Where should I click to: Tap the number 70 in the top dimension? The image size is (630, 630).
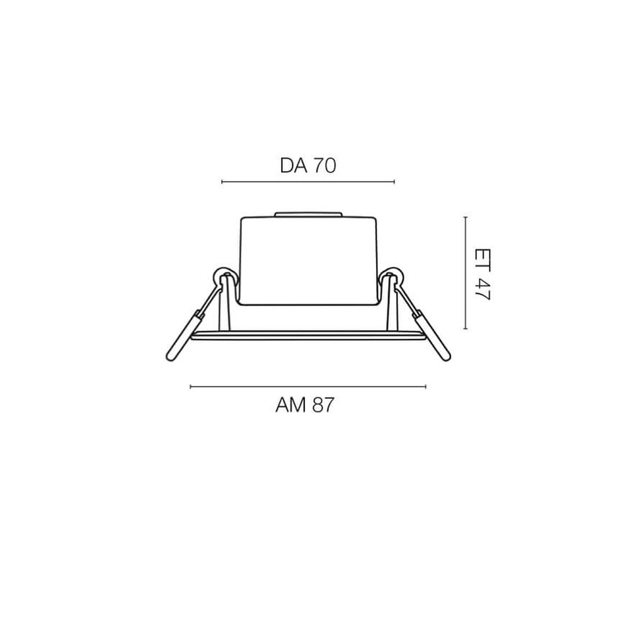[323, 166]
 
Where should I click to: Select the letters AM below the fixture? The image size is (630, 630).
[290, 405]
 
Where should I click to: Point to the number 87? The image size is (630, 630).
[320, 405]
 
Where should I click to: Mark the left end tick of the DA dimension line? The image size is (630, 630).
[222, 182]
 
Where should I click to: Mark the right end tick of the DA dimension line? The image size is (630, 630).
[394, 182]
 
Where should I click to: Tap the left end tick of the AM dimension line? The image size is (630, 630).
[190, 386]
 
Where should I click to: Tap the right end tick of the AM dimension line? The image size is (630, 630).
[426, 386]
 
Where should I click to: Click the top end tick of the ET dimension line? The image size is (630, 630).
[465, 217]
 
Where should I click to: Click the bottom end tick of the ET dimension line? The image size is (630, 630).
[465, 328]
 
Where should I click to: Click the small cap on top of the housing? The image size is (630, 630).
[309, 215]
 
